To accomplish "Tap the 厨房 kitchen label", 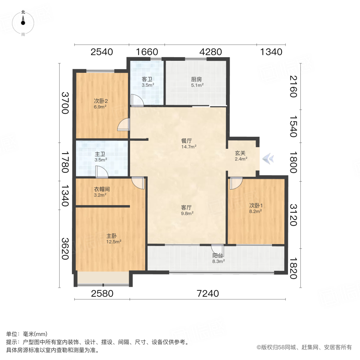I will pyautogui.click(x=196, y=79).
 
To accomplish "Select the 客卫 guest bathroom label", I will pyautogui.click(x=147, y=79).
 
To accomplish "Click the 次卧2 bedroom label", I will pyautogui.click(x=101, y=101).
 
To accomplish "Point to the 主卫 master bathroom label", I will pyautogui.click(x=100, y=154).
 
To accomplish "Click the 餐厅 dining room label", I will pyautogui.click(x=187, y=141).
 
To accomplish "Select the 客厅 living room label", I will pyautogui.click(x=187, y=208).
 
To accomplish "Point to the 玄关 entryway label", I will pyautogui.click(x=240, y=153).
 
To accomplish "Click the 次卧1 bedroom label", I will pyautogui.click(x=255, y=206).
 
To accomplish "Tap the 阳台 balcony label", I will pyautogui.click(x=218, y=255).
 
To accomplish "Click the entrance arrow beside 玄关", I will pyautogui.click(x=268, y=159).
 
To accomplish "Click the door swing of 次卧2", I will pyautogui.click(x=124, y=125).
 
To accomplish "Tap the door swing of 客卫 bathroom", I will pyautogui.click(x=137, y=100).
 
